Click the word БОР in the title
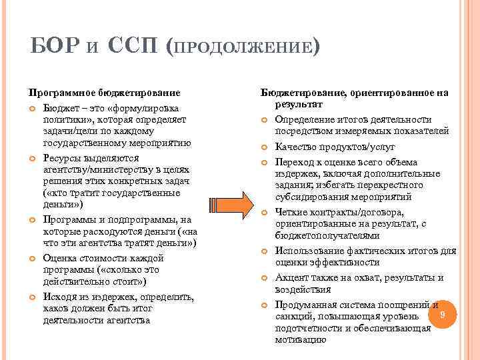click(x=56, y=48)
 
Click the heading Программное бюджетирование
click(x=104, y=93)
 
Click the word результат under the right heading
click(x=297, y=105)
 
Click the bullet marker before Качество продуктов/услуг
click(x=263, y=146)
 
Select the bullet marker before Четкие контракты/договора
click(x=263, y=213)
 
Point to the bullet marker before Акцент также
click(x=263, y=277)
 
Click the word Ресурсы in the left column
click(x=62, y=157)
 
